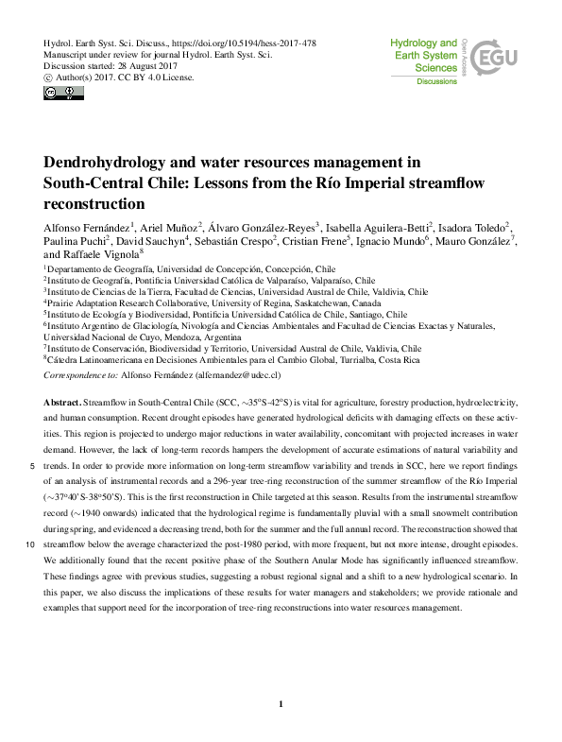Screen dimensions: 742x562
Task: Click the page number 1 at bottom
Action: point(281,703)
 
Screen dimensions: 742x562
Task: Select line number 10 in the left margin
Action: point(31,545)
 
